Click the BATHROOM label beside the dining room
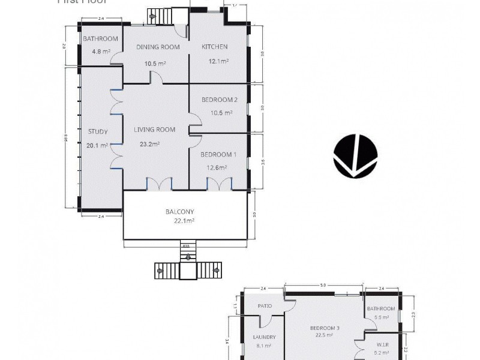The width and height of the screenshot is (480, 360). click(101, 39)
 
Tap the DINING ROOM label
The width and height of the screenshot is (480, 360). click(158, 47)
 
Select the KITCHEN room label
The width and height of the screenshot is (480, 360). click(214, 47)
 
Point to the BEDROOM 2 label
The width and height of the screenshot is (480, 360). click(219, 100)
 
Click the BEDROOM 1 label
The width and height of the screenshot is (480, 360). click(218, 154)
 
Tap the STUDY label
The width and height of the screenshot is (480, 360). click(98, 131)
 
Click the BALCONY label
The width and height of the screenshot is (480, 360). click(180, 211)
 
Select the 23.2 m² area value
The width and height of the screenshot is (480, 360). click(150, 144)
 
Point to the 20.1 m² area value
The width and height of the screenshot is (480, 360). click(97, 145)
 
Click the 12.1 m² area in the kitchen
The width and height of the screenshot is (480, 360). click(218, 61)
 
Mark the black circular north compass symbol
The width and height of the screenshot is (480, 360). click(355, 157)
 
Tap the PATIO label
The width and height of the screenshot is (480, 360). click(265, 306)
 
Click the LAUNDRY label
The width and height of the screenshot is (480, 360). click(264, 337)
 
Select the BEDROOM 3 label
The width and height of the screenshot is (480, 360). click(325, 328)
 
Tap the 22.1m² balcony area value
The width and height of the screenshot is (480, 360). click(184, 221)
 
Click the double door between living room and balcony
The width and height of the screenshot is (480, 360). click(160, 185)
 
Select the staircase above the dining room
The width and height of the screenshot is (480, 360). click(160, 16)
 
